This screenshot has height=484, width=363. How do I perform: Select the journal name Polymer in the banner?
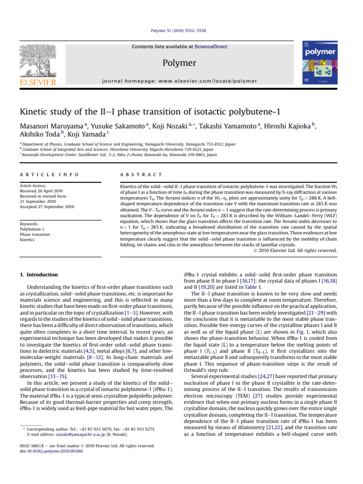tap(181, 62)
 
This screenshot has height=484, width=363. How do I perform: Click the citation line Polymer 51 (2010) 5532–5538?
tap(181, 31)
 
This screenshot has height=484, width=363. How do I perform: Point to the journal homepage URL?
tap(181, 81)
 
